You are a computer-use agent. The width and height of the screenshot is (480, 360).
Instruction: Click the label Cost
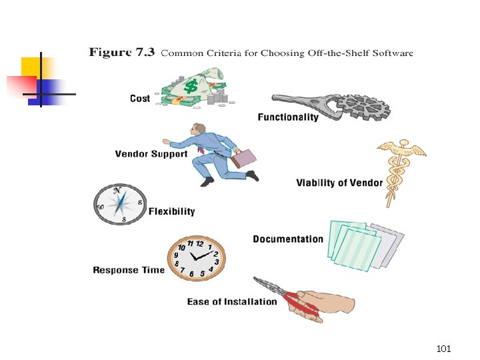(140, 99)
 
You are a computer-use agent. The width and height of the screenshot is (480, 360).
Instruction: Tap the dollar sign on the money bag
(191, 86)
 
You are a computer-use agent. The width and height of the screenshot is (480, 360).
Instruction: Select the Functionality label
(288, 117)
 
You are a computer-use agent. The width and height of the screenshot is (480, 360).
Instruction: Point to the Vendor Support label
(151, 154)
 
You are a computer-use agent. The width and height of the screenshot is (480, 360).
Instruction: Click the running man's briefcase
(243, 158)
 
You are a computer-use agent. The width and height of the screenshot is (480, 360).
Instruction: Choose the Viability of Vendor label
(339, 183)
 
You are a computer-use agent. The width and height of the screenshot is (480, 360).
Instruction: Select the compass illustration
(119, 203)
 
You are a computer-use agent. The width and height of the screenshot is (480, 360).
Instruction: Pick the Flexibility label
(172, 211)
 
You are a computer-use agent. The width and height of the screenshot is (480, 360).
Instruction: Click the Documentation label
(288, 239)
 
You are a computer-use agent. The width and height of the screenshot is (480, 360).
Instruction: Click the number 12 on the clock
(199, 243)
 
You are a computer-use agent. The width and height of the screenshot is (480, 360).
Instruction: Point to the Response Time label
(129, 270)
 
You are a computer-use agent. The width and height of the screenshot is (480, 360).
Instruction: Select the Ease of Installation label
(232, 302)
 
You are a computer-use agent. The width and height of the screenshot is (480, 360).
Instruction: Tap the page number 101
(444, 349)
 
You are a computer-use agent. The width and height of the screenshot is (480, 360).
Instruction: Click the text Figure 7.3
(121, 53)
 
